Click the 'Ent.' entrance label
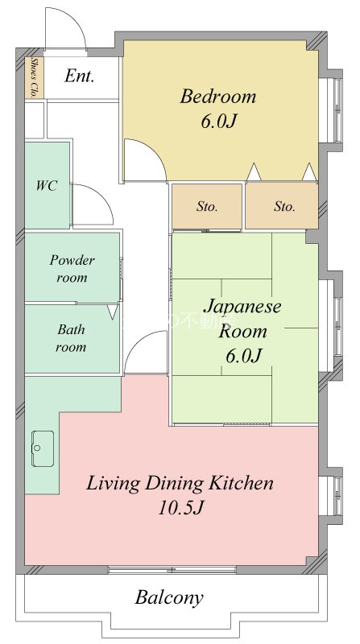point(80,77)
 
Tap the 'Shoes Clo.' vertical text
point(35,77)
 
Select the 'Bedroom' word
point(217,97)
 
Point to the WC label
point(47,185)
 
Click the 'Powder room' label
point(72,268)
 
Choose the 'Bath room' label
point(71,338)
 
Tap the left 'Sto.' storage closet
point(207,207)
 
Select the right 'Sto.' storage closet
point(283,207)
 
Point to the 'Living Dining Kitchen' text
point(180,484)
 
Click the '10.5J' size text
point(181,509)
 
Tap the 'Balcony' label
point(169,598)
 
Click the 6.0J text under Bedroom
point(217,122)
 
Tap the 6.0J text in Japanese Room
point(242,354)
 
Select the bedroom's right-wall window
point(328,110)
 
